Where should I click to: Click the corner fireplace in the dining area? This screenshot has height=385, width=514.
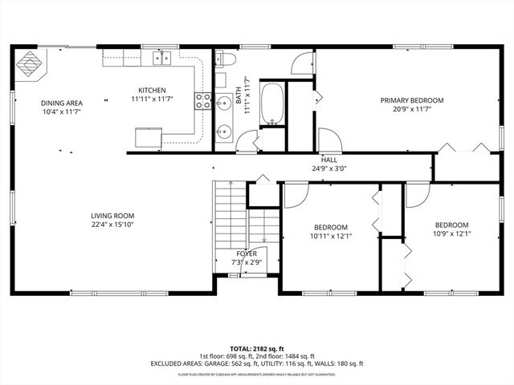(x=31, y=63)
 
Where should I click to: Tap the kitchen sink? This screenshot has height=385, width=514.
(x=162, y=57)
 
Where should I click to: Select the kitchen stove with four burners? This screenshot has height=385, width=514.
(x=202, y=101)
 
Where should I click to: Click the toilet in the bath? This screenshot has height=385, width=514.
(x=226, y=59)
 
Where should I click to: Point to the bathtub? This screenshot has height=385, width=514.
(x=273, y=103)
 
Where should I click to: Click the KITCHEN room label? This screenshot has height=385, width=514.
(x=152, y=90)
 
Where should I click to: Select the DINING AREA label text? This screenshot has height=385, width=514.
(x=61, y=103)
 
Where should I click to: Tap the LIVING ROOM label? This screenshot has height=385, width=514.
(x=112, y=216)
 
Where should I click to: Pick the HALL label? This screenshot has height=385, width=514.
(x=329, y=160)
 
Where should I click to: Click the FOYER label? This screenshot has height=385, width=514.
(x=247, y=253)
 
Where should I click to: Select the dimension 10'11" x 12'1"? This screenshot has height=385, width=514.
(x=331, y=236)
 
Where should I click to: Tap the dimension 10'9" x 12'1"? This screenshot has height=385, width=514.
(x=451, y=234)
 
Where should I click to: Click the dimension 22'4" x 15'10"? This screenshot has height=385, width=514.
(x=112, y=225)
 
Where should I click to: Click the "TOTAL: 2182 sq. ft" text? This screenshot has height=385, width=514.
(x=257, y=347)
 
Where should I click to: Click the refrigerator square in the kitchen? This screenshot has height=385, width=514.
(x=148, y=139)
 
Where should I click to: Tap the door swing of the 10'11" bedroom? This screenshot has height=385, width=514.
(x=295, y=194)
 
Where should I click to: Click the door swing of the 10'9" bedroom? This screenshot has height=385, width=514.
(x=416, y=194)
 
